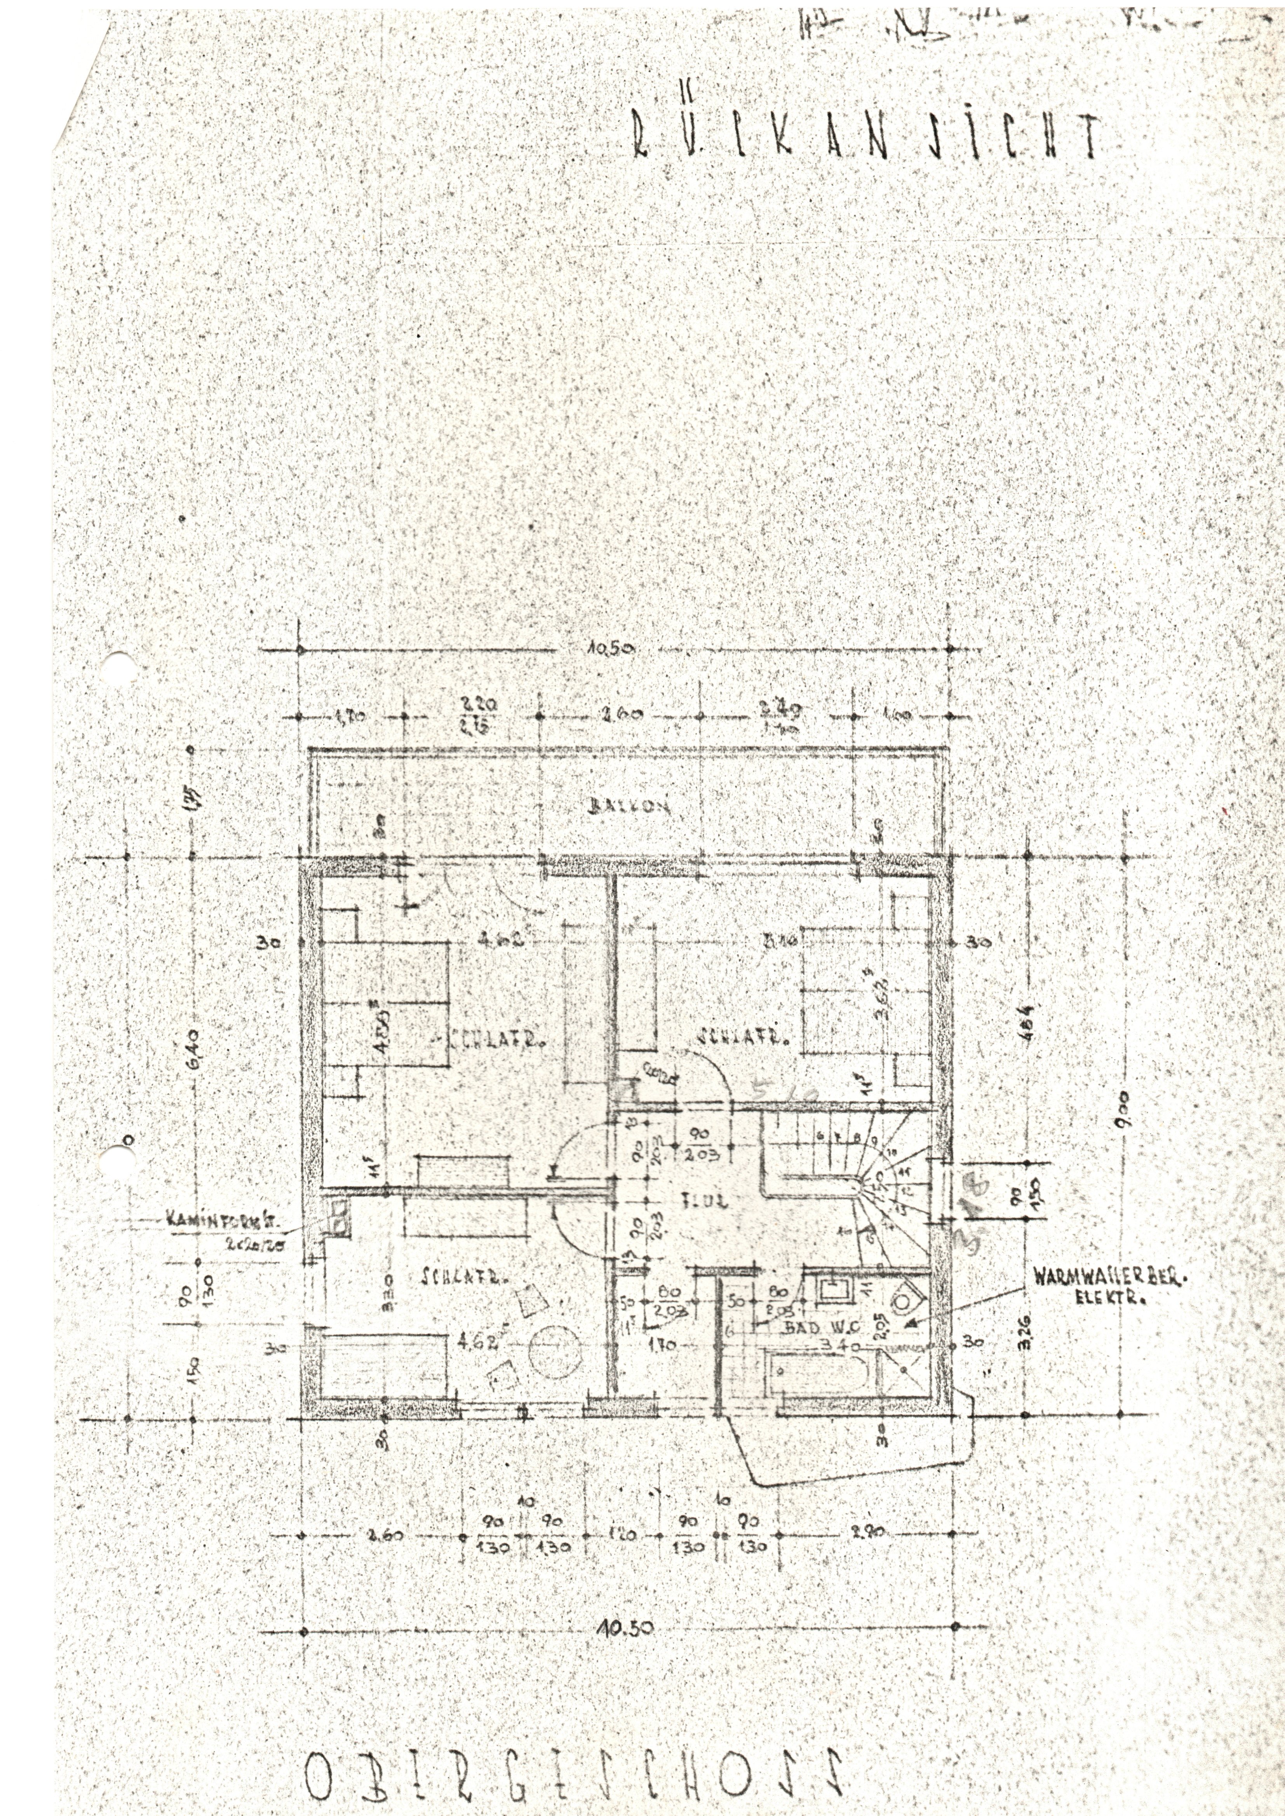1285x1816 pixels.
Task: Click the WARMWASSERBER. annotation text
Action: coord(1106,1277)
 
